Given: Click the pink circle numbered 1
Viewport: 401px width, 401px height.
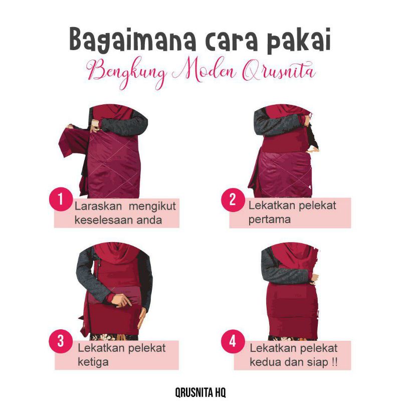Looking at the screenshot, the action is [x=60, y=199].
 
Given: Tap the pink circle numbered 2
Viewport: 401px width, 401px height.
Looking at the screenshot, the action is [x=233, y=199].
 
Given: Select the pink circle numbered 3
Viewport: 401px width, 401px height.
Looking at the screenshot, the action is [x=60, y=341].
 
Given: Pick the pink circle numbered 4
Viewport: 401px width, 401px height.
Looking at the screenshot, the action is [x=233, y=341].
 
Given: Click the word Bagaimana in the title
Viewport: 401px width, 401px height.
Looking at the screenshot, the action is [x=133, y=40].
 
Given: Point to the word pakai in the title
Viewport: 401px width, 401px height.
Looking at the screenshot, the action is [x=299, y=40].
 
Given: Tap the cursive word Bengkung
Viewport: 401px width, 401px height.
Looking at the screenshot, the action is [x=127, y=72].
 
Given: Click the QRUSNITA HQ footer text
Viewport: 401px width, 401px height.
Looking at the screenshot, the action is [x=200, y=392].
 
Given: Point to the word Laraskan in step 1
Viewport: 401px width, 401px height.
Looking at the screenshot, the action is [x=98, y=206].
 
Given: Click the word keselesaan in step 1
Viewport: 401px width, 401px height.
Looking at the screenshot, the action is [x=103, y=220].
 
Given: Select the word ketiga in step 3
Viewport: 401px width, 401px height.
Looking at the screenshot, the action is [x=93, y=362].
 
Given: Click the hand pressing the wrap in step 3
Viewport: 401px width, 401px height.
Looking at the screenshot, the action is [x=122, y=300].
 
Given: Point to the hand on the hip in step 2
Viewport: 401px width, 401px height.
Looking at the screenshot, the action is [x=312, y=149].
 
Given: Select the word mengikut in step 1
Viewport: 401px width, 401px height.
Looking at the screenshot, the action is [x=152, y=207].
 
